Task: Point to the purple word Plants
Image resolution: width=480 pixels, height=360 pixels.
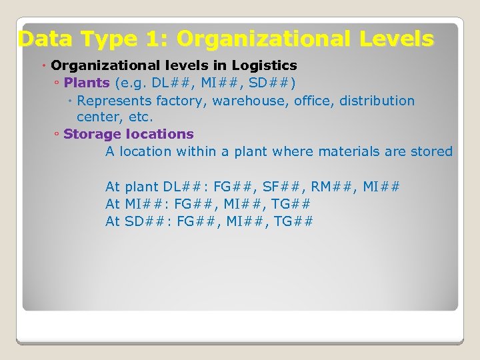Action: [x=87, y=83]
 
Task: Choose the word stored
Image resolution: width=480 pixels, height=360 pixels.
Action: [x=431, y=151]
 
